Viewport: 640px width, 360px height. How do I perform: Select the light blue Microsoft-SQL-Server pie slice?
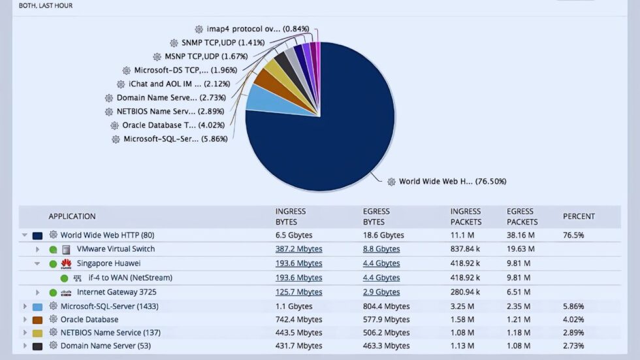[261, 98]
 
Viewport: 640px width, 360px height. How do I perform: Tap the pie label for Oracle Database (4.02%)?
[173, 125]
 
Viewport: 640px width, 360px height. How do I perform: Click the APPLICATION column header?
[72, 216]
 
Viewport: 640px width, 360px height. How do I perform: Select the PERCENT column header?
[579, 216]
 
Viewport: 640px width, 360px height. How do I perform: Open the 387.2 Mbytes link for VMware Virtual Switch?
[298, 249]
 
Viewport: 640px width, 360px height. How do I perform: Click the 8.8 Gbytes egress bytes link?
[381, 249]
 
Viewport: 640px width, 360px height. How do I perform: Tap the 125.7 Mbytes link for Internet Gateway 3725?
[298, 292]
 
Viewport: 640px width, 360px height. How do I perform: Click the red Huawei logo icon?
[66, 263]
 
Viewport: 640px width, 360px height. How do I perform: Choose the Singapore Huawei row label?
[108, 263]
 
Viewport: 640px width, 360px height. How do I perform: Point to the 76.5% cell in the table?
[573, 235]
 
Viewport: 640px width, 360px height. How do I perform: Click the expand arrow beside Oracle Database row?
[25, 319]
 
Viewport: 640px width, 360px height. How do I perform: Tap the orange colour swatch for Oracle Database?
[37, 319]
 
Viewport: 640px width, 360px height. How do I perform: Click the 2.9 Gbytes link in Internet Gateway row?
[381, 292]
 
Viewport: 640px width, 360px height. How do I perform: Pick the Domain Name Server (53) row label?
[105, 346]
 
